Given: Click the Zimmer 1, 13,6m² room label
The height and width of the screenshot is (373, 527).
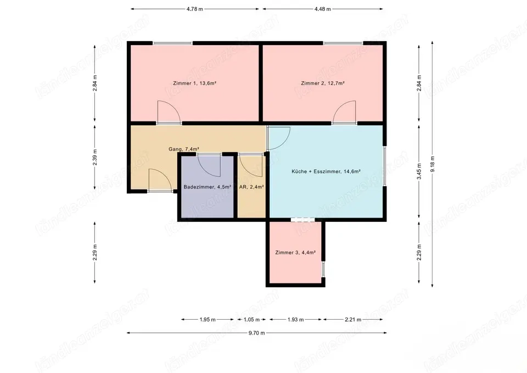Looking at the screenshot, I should point(194,83).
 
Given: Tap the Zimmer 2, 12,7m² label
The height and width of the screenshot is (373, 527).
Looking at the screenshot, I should point(323,83).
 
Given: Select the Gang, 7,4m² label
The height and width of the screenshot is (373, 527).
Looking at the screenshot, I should point(183,149).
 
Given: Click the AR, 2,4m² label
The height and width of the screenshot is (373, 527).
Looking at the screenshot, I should point(252,187).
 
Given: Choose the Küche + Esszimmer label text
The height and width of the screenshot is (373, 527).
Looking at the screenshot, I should point(326,171).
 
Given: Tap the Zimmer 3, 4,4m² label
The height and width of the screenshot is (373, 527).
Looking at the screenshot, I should point(295,253).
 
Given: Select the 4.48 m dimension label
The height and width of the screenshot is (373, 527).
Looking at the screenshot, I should point(323,9).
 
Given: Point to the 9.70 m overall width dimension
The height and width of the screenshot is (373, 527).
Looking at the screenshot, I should point(256,333).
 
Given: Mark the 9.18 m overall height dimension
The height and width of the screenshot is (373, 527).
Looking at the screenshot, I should point(433,165).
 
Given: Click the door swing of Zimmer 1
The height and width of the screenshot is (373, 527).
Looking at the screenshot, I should point(167,112).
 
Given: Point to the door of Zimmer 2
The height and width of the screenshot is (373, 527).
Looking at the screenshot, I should point(344,112).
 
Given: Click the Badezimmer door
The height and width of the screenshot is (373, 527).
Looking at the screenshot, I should point(209,163).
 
